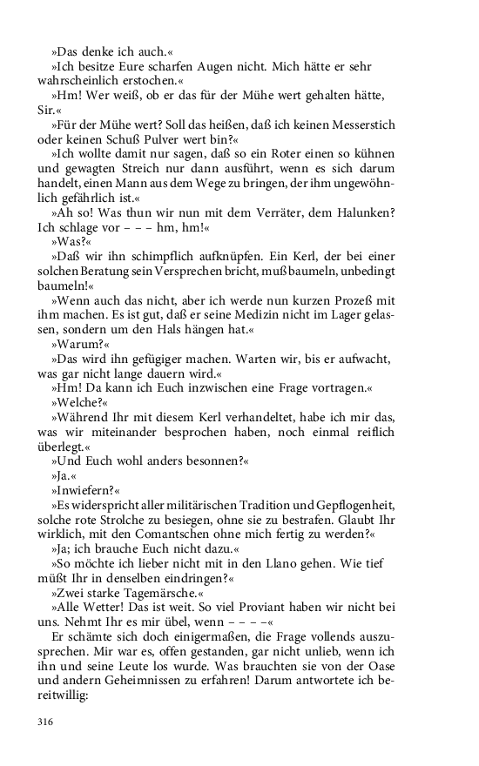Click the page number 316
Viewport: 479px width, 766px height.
pyautogui.click(x=45, y=722)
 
